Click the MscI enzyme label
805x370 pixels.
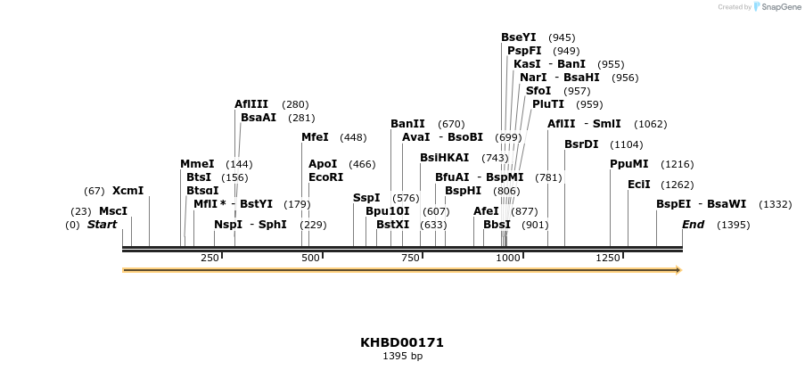tap(112, 211)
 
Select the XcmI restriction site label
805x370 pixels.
tap(127, 191)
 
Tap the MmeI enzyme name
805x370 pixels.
tap(197, 164)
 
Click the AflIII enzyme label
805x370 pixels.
tap(251, 104)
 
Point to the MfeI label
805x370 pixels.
tap(315, 137)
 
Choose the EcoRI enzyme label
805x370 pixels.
tap(325, 177)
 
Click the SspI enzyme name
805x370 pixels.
tap(366, 198)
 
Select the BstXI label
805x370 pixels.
tap(392, 225)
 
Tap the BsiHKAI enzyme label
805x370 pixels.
tap(444, 158)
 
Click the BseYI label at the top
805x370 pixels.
tap(519, 37)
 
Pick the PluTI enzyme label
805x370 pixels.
tap(548, 104)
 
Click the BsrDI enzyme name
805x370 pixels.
tap(581, 144)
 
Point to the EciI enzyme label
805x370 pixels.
tap(639, 185)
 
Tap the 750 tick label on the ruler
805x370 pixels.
tap(411, 258)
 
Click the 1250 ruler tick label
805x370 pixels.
tap(608, 258)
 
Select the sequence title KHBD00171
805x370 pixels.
tap(402, 342)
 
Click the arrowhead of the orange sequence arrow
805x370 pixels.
tap(678, 270)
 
